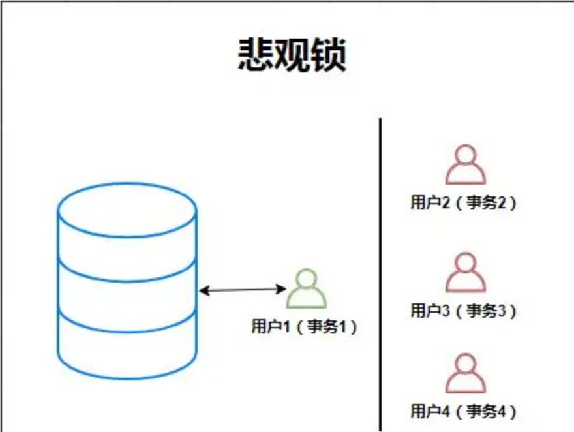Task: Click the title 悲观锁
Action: [291, 54]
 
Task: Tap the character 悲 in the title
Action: [254, 54]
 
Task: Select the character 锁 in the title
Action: [328, 54]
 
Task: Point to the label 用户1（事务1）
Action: [304, 326]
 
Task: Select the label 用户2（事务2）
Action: [463, 202]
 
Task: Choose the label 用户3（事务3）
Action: [463, 311]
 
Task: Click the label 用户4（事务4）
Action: [463, 411]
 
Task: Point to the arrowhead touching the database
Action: [203, 290]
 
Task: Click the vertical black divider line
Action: [380, 274]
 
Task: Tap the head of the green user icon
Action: [307, 279]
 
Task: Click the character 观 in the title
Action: [291, 54]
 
